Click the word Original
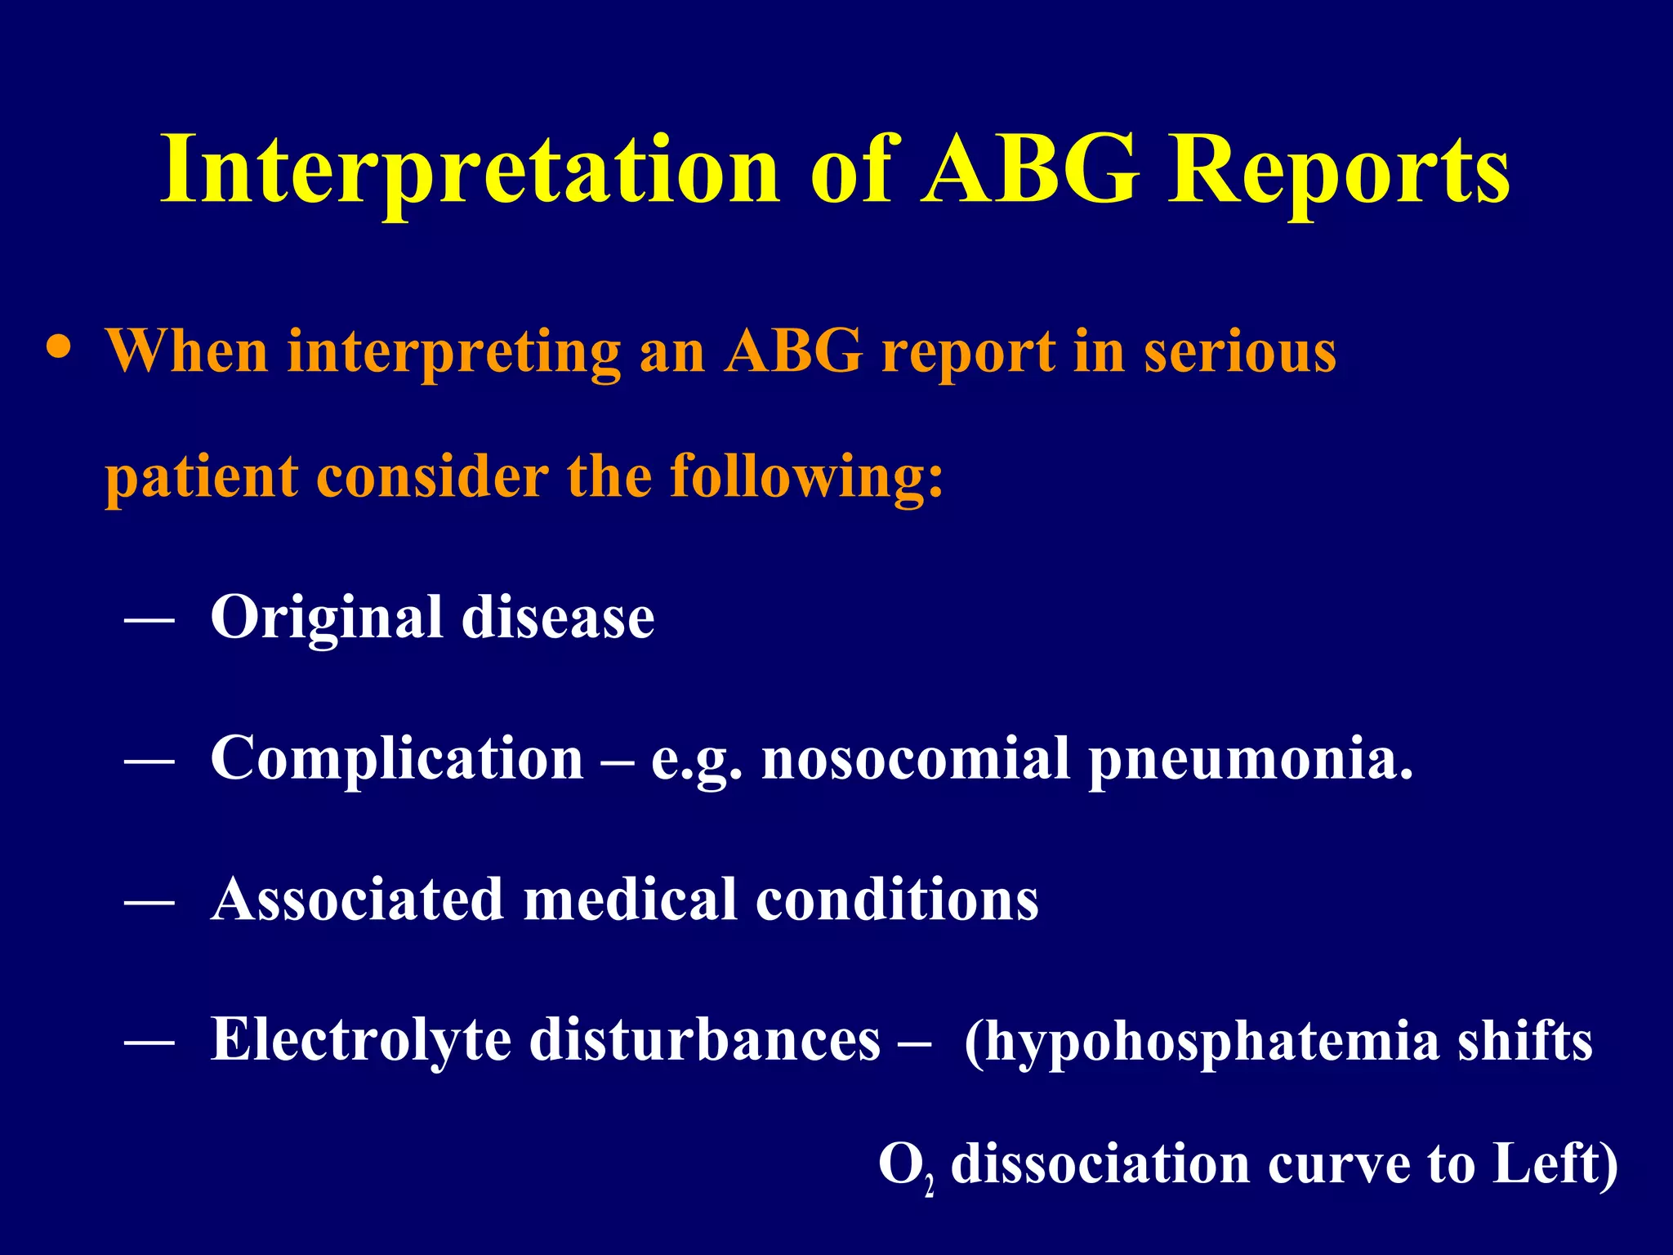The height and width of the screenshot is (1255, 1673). point(326,618)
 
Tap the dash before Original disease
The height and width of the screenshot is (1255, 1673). point(149,621)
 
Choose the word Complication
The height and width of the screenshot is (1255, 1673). point(397,759)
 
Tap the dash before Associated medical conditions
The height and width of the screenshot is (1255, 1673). point(149,903)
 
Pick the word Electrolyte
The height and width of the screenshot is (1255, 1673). point(359,1041)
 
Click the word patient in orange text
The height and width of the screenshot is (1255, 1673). point(201,477)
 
